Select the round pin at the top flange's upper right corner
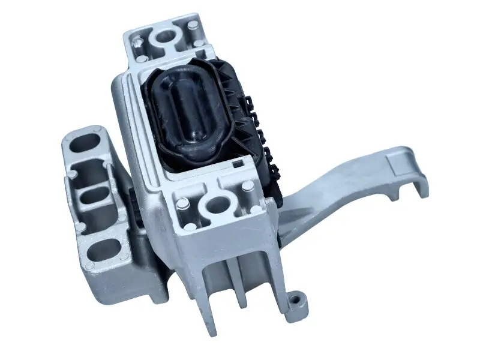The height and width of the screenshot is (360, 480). coord(193,26)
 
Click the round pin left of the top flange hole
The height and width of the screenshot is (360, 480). coord(138,42)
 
